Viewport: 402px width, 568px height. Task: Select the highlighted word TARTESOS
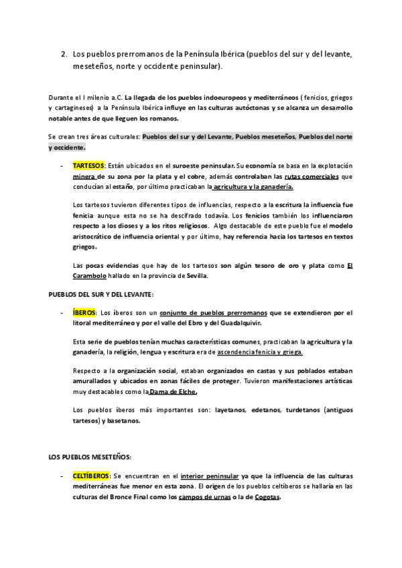tap(88, 165)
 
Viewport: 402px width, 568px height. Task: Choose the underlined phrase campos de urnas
tap(206, 497)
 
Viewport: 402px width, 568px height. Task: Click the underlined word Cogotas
tap(267, 497)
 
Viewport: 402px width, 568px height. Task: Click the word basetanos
tap(121, 421)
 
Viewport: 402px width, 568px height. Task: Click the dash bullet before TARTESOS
tap(62, 165)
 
